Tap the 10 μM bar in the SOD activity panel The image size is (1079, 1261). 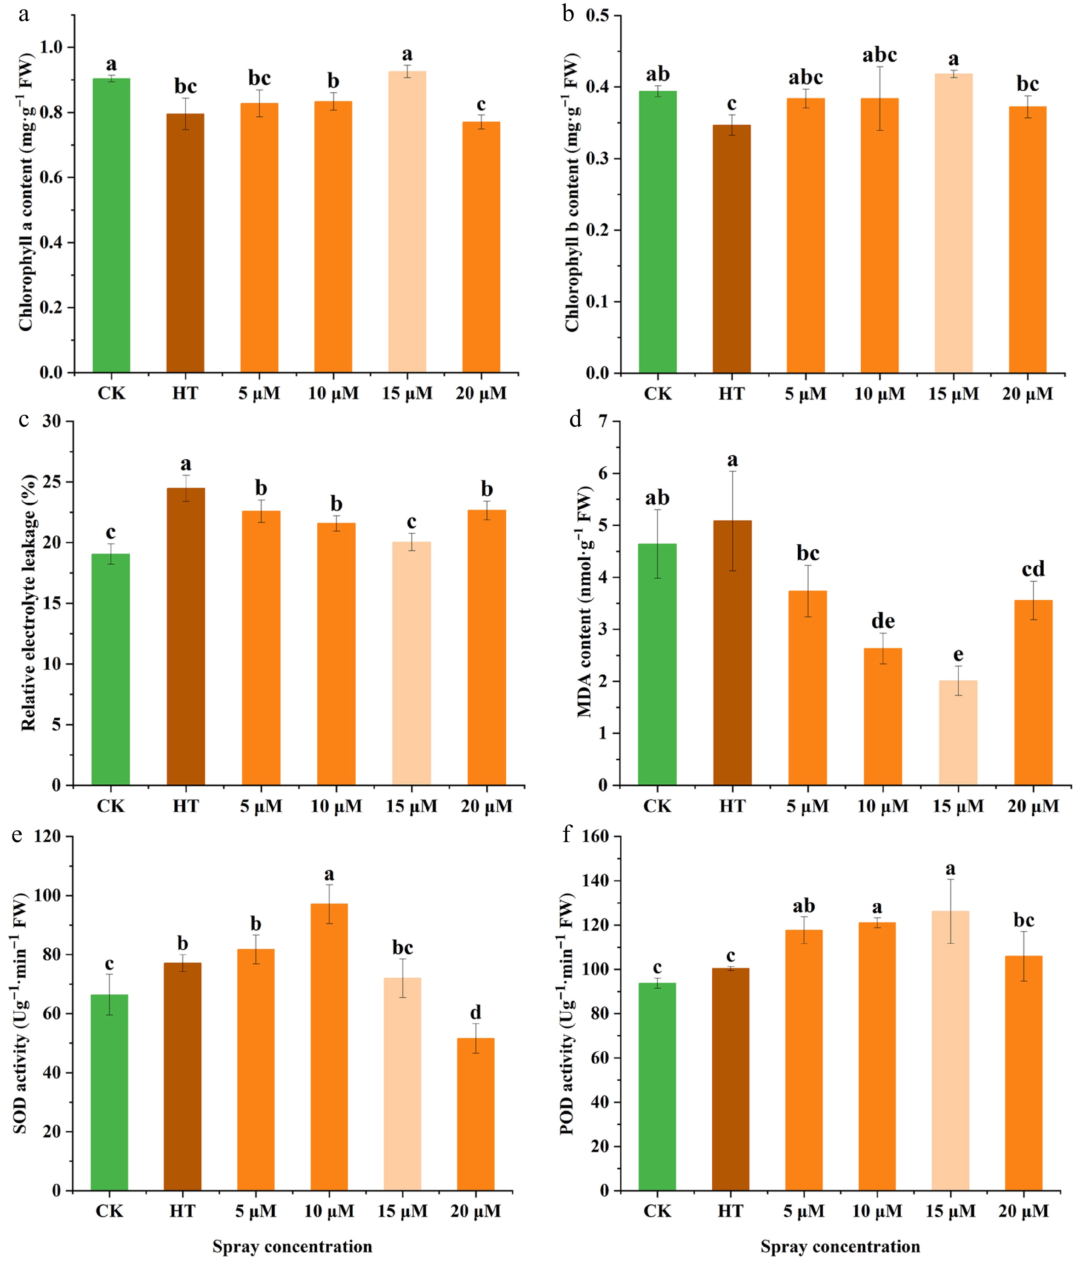[329, 1047]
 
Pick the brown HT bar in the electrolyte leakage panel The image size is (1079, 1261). [185, 636]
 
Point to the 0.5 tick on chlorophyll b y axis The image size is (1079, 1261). [597, 15]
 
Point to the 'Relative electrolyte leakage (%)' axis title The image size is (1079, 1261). [28, 603]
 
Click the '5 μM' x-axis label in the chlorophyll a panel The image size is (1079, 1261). [259, 393]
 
